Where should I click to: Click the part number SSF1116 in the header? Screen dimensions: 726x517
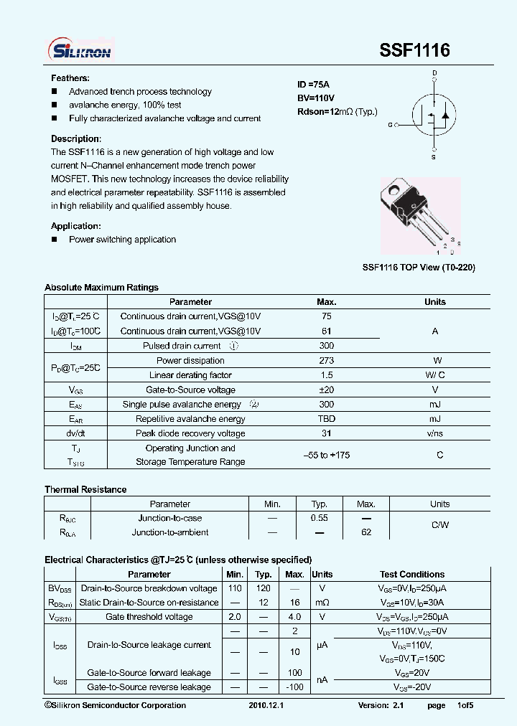tap(414, 50)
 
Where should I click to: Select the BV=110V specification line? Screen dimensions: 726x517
tap(316, 98)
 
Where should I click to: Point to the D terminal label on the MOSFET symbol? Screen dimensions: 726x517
tap(434, 73)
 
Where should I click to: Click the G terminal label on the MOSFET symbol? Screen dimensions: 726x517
tap(391, 125)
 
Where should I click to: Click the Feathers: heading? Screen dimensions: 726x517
tap(70, 78)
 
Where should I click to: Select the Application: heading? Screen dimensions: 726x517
tap(75, 226)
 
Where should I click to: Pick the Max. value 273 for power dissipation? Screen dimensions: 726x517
tap(327, 361)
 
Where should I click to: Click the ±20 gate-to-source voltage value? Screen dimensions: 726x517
tap(327, 390)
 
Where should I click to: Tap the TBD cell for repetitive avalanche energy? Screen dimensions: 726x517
tap(327, 419)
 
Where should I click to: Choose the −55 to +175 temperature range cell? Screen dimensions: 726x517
tap(327, 456)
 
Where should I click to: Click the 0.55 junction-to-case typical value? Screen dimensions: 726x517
tap(319, 518)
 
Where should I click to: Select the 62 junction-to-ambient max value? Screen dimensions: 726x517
tap(366, 532)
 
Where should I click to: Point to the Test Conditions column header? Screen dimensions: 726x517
tap(412, 575)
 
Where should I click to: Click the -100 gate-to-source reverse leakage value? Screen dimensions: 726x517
tap(294, 687)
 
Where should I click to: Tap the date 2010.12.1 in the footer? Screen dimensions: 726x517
tap(266, 706)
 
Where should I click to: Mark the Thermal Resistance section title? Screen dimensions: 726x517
tap(85, 489)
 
